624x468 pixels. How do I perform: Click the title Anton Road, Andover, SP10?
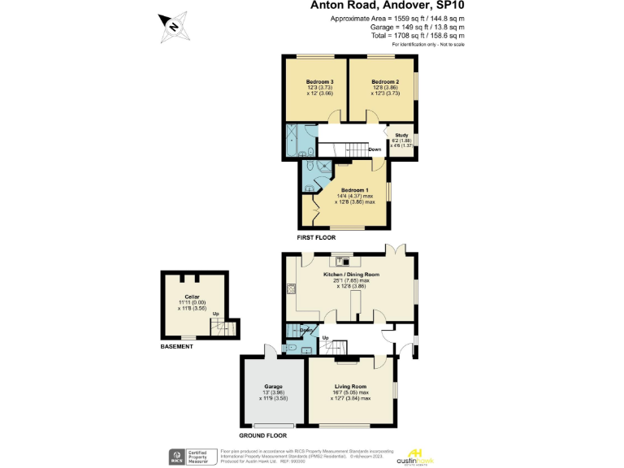click(388, 6)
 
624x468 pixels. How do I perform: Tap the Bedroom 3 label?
click(320, 83)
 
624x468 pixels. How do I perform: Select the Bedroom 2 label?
click(385, 83)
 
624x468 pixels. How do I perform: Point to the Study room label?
click(401, 136)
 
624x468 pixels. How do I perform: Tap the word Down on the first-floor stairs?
click(375, 149)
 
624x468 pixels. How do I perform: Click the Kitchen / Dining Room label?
click(352, 275)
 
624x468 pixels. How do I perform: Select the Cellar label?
click(193, 297)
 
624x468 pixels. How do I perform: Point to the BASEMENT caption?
click(176, 347)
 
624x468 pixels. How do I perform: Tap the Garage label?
click(273, 386)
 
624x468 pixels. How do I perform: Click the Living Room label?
click(350, 386)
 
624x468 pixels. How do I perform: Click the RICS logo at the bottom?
click(174, 456)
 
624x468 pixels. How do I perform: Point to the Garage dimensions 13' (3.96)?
click(273, 392)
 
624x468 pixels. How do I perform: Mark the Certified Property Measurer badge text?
click(200, 456)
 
